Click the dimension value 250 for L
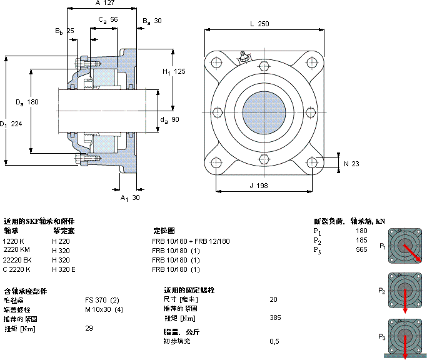click(x=263, y=24)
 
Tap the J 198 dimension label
click(x=259, y=185)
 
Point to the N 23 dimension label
click(x=351, y=164)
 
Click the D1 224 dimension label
click(x=13, y=124)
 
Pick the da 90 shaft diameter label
click(x=170, y=119)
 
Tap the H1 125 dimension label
click(x=174, y=71)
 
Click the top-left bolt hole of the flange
click(x=216, y=63)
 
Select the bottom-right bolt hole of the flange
click(x=312, y=163)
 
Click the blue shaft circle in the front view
click(x=264, y=112)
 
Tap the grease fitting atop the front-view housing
click(x=244, y=57)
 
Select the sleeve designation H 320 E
click(x=64, y=269)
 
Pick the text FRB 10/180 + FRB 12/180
click(x=191, y=241)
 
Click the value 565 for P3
click(x=361, y=250)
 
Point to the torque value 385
click(x=275, y=317)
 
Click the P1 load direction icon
click(x=405, y=246)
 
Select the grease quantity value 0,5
click(x=274, y=341)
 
